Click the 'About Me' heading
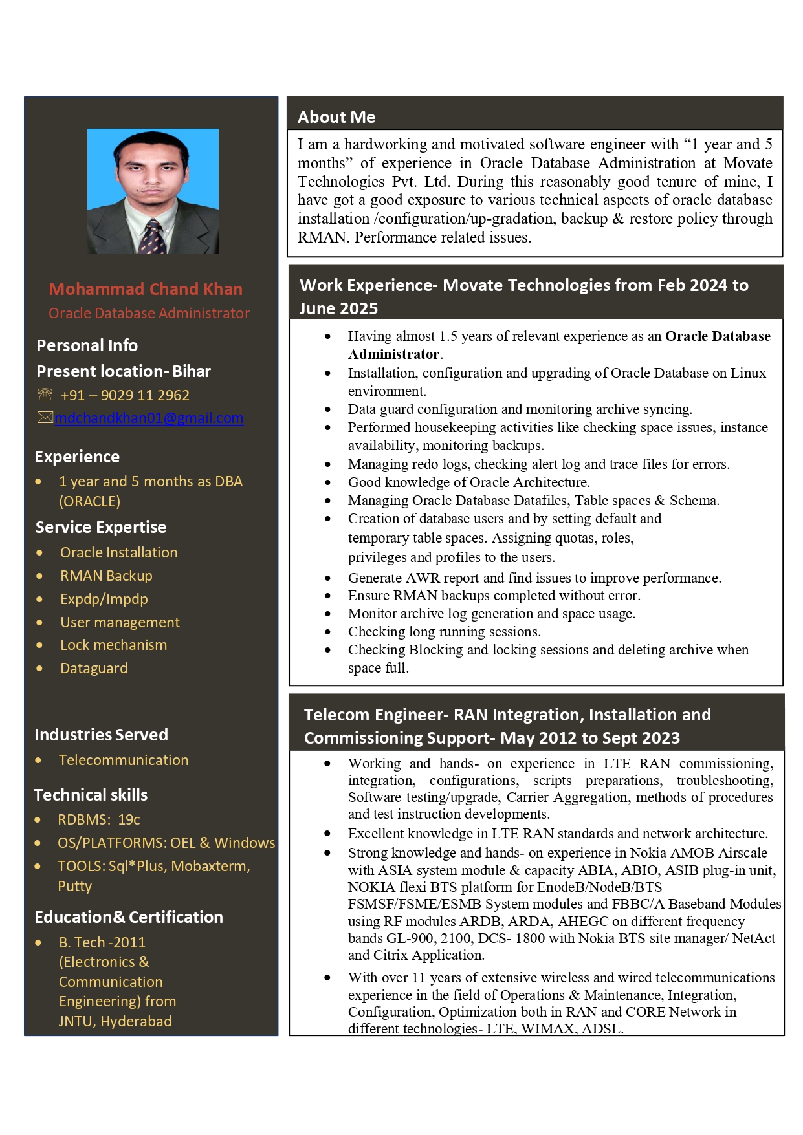coord(336,117)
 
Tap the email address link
coord(149,418)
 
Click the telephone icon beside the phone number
coord(45,395)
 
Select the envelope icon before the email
coord(45,418)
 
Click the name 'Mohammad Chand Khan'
coord(146,289)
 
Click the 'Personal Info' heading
coord(87,345)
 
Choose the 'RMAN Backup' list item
coord(106,576)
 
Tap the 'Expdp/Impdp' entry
coord(104,599)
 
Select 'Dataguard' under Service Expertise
coord(94,668)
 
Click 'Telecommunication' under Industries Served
coord(124,760)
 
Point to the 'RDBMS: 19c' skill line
coord(98,819)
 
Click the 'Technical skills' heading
coord(91,795)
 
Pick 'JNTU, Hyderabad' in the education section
coord(115,1021)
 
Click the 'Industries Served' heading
coord(101,735)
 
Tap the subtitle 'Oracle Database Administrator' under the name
coord(149,313)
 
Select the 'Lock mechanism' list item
coord(113,645)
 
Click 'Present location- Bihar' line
coord(124,371)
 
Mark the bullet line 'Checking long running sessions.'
coord(444,631)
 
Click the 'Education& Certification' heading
coord(129,917)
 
